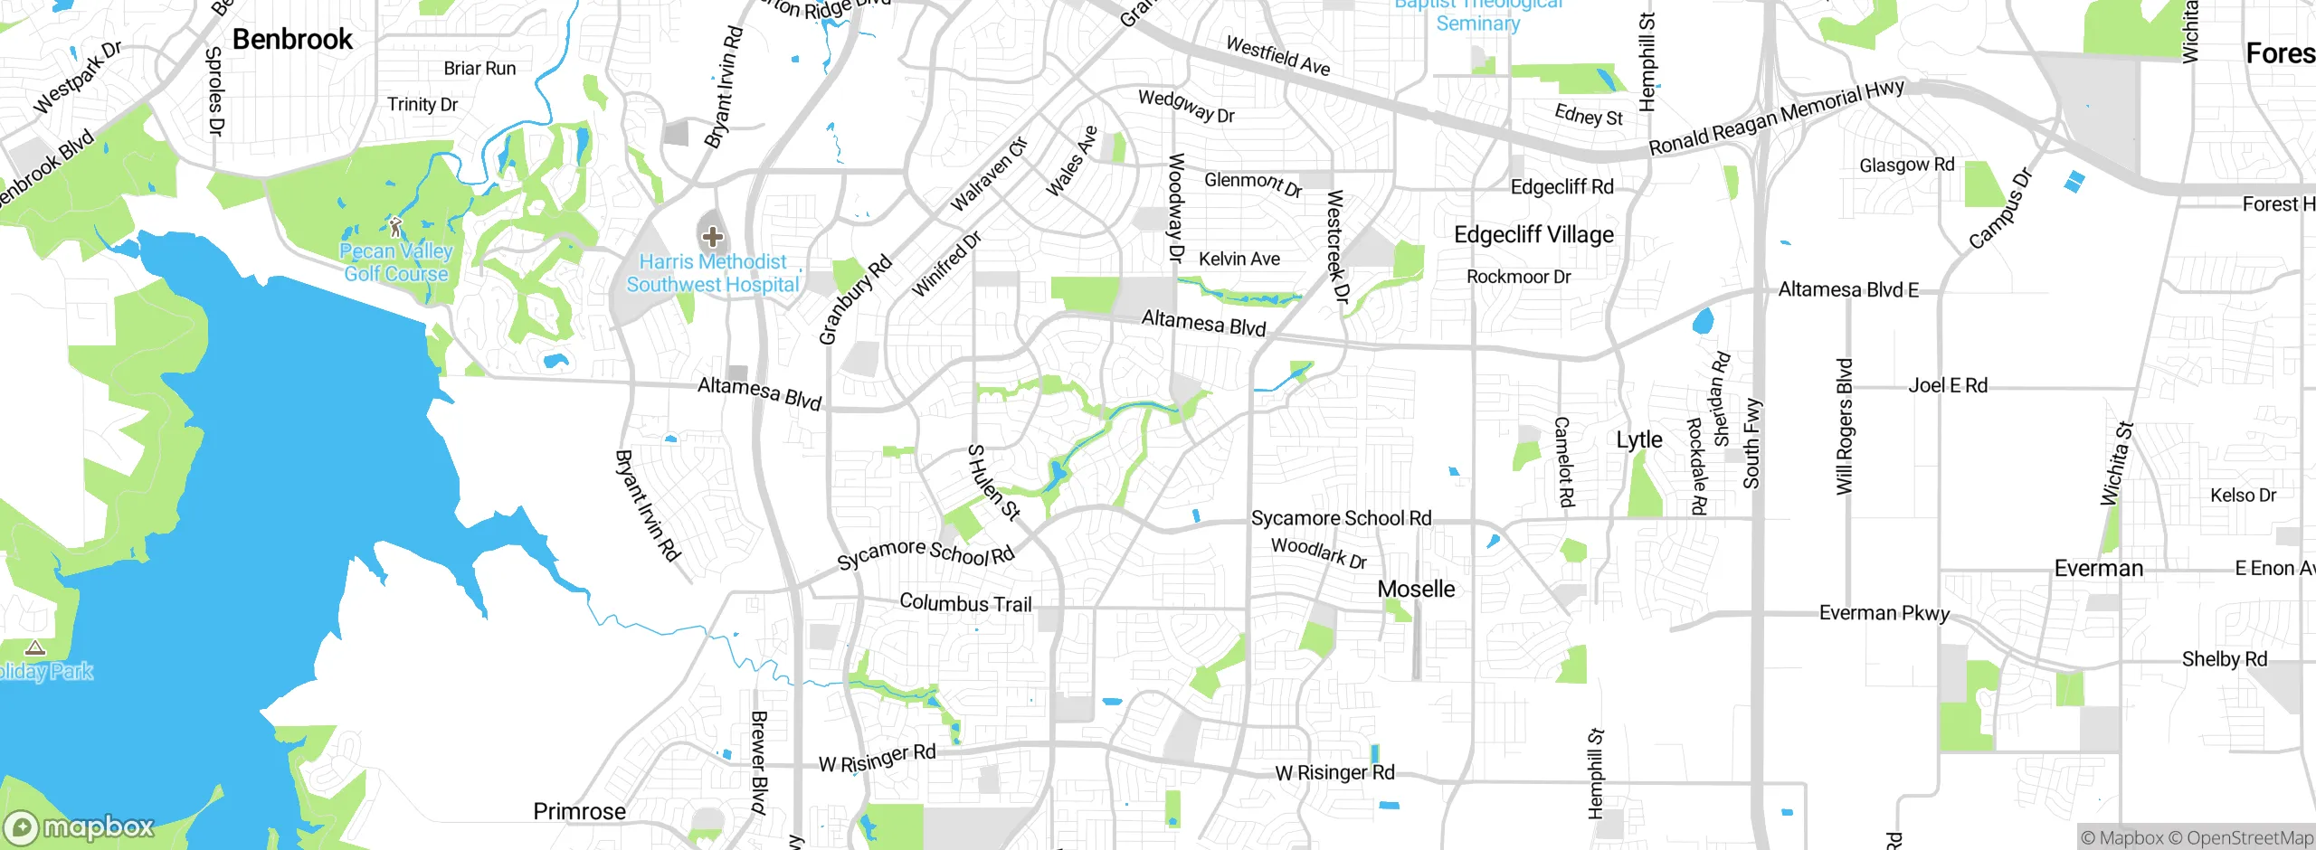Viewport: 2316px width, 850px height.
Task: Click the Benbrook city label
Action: coord(292,39)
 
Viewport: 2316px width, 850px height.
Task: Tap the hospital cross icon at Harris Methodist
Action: coord(713,237)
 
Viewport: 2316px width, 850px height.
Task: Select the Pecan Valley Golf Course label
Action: coord(396,262)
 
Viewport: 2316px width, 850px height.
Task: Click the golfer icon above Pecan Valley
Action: coord(395,226)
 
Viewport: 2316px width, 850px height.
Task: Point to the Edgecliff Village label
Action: coord(1533,234)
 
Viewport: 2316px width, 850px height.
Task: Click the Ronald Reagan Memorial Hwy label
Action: coord(1776,118)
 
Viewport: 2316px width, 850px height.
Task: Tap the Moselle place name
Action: coord(1416,589)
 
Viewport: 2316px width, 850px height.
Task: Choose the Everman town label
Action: coord(2098,568)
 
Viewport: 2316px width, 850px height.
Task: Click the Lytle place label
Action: coord(1639,439)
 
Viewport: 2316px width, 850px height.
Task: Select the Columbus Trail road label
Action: coord(965,603)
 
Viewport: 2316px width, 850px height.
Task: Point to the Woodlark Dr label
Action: coord(1318,552)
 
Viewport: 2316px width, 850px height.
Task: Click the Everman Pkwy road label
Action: coord(1884,612)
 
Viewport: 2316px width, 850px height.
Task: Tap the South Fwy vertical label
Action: coord(1752,443)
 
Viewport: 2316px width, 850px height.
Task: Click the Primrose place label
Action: coord(579,811)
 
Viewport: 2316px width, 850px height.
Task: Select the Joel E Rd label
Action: coord(1948,385)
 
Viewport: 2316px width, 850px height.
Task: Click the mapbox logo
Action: coord(80,827)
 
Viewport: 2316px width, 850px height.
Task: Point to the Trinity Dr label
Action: coord(422,104)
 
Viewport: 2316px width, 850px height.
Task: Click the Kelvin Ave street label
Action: coord(1239,259)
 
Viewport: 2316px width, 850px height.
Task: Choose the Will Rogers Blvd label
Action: coord(1844,427)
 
